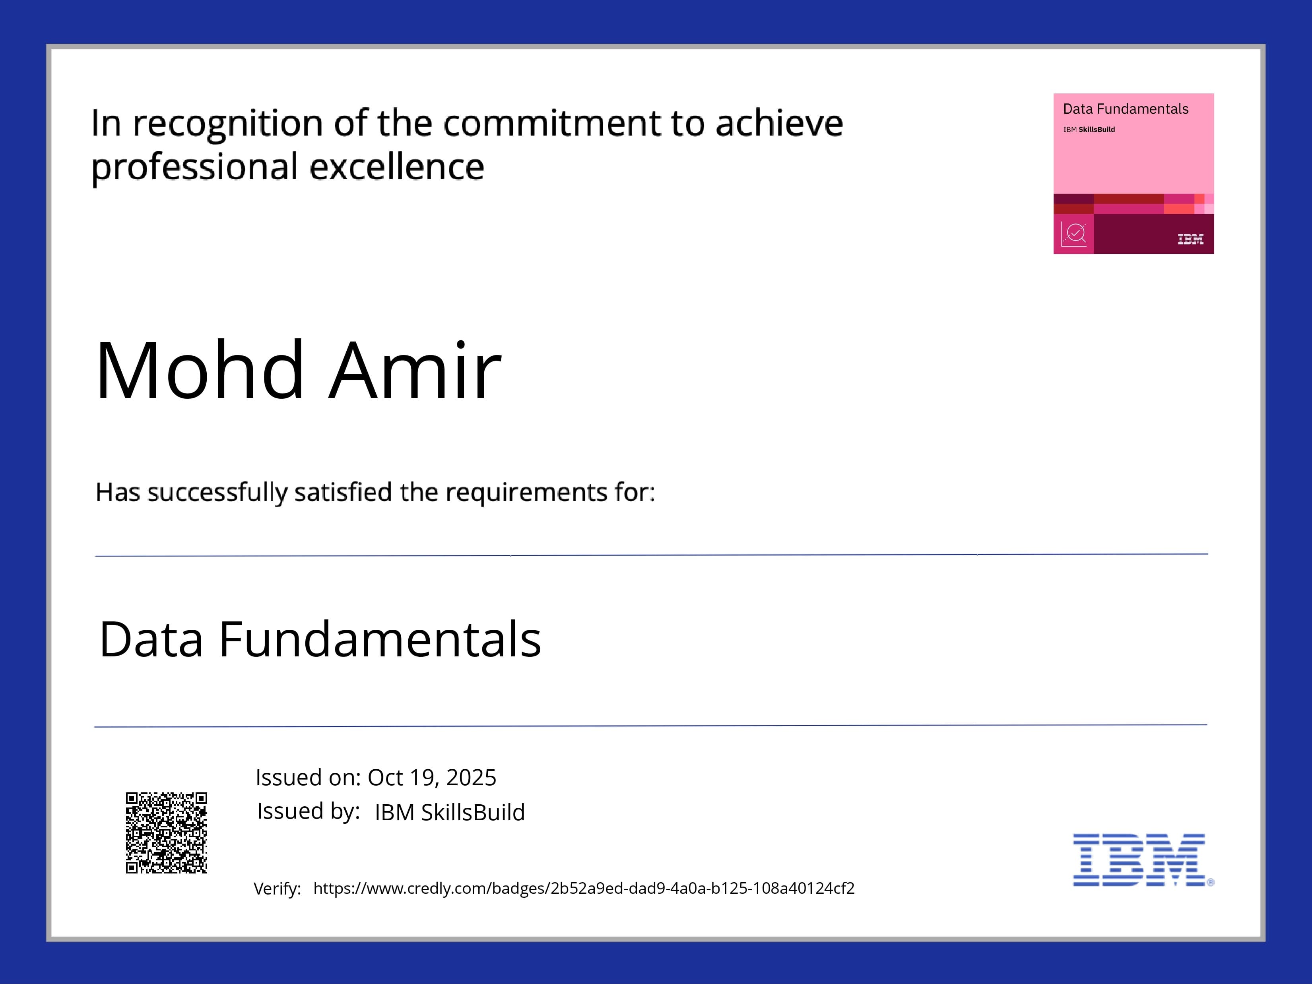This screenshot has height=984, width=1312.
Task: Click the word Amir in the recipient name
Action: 415,370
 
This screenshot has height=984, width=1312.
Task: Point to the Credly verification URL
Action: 584,888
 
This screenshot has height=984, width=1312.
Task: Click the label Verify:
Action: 277,889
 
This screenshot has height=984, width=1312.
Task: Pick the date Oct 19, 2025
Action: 432,777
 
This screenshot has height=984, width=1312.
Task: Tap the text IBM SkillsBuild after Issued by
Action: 450,812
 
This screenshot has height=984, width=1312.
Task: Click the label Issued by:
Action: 309,811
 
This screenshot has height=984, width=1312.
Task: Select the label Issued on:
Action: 308,777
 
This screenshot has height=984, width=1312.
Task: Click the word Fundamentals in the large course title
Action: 380,639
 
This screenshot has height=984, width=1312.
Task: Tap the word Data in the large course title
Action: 151,639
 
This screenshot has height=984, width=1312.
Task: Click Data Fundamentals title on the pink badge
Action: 1125,109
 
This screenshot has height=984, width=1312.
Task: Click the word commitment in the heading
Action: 551,123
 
